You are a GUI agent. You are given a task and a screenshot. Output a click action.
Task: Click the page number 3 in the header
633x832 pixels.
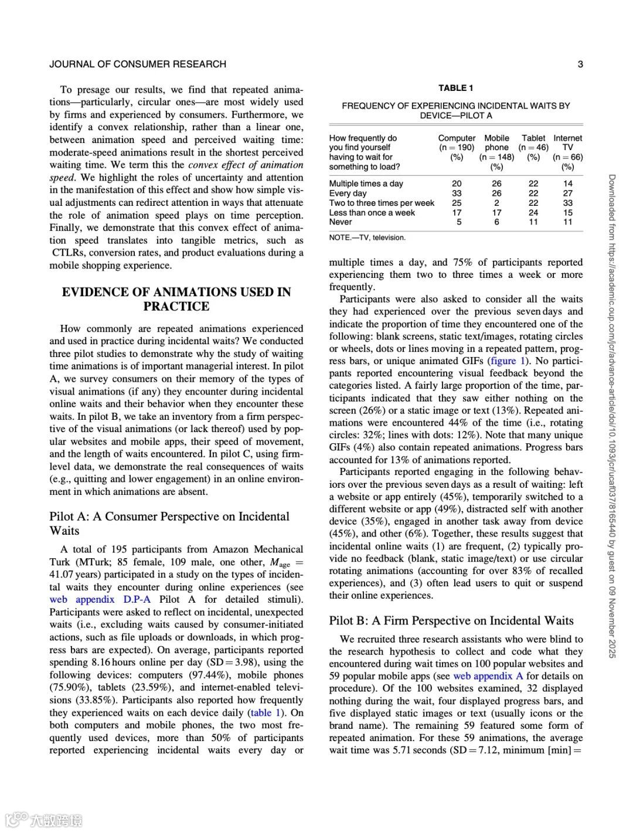(x=580, y=64)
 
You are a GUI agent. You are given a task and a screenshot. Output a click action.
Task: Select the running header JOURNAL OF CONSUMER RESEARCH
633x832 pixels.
(x=138, y=64)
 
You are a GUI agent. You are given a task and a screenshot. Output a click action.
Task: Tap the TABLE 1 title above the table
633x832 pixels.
(x=455, y=88)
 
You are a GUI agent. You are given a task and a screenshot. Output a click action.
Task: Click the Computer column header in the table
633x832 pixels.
(x=457, y=138)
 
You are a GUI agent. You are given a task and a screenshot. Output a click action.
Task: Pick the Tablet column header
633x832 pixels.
(x=533, y=138)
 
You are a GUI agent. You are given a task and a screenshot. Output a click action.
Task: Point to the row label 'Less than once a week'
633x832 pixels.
(x=372, y=212)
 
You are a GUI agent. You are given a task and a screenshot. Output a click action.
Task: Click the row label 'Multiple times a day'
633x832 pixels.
(x=366, y=184)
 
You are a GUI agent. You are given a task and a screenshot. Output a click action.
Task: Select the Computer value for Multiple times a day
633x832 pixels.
(x=457, y=184)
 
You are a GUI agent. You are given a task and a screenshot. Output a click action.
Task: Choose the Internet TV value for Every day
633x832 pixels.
(x=567, y=193)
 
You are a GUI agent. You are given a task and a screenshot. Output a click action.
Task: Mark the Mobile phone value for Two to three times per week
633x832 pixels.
(x=496, y=203)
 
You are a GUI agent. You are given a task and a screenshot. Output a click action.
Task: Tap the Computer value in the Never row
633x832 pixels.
(x=459, y=222)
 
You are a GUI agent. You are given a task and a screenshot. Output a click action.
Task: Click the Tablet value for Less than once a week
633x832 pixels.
(x=533, y=212)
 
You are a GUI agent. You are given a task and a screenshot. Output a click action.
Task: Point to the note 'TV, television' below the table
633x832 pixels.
(x=367, y=237)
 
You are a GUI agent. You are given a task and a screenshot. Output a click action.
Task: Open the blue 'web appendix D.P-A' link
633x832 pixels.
(x=100, y=599)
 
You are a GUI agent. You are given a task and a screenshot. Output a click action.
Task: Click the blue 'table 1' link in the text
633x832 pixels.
(x=268, y=712)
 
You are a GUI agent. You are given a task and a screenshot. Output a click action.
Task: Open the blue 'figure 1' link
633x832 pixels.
(x=509, y=361)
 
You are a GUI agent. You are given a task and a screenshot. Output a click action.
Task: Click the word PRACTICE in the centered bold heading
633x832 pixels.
(x=176, y=306)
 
